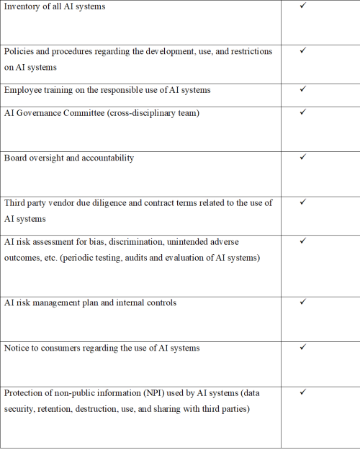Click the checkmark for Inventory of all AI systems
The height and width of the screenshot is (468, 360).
point(302,6)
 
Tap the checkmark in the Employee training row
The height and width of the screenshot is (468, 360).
point(302,89)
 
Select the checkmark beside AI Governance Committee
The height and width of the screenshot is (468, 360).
point(302,112)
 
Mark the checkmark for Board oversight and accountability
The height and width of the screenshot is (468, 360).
point(302,157)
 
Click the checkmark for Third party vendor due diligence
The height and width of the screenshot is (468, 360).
point(302,202)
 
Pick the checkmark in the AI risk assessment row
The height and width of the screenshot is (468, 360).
point(302,240)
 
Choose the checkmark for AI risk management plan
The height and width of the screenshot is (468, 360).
point(302,302)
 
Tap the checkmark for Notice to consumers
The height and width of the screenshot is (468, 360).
point(302,347)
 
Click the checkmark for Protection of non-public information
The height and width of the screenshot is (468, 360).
point(302,392)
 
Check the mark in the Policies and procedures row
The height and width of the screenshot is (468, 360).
point(302,51)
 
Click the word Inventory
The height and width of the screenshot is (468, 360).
point(23,7)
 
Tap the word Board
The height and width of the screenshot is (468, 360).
point(17,158)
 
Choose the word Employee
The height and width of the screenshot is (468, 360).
point(25,91)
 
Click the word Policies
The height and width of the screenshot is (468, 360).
point(20,53)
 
